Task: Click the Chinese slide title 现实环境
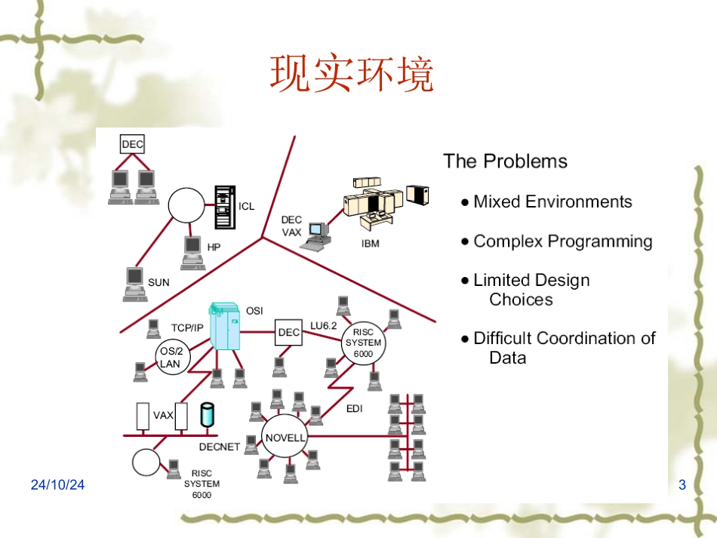coord(352,75)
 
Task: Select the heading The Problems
coord(505,161)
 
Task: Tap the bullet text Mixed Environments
coord(552,201)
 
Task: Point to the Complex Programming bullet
coord(562,241)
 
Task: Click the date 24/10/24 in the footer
coord(58,485)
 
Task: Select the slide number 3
coord(682,485)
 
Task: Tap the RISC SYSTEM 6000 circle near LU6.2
coord(363,343)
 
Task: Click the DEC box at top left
coord(132,144)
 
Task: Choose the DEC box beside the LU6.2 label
coord(288,332)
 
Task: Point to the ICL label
coord(247,206)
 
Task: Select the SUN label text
coord(158,283)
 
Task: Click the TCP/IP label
coord(186,327)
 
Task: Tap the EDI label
coord(355,408)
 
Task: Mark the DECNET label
coord(219,447)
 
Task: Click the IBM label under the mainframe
coord(370,244)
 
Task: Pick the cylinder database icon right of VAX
coord(208,415)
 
